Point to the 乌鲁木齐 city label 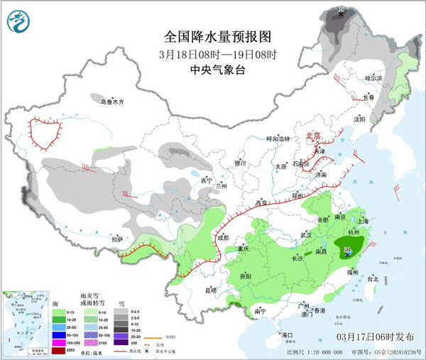click(111, 102)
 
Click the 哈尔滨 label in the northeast click(373, 77)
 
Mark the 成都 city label click(224, 238)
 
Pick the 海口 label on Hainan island click(287, 334)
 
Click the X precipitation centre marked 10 click(348, 251)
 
